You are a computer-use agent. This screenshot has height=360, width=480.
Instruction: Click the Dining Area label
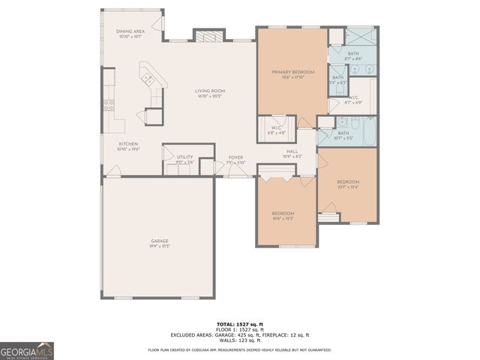(129, 33)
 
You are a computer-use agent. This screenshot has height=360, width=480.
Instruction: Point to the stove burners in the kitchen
(109, 105)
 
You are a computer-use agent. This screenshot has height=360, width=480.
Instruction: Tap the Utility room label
(184, 158)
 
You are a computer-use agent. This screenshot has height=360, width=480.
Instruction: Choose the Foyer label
(235, 159)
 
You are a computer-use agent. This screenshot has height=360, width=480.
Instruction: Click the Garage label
(159, 243)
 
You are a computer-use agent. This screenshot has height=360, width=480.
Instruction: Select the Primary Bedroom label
(292, 73)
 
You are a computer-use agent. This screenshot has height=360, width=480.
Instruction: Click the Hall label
(292, 153)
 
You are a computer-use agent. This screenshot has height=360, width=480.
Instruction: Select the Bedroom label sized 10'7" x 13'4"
(347, 184)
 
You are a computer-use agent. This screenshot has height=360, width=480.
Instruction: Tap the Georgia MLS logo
(26, 350)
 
